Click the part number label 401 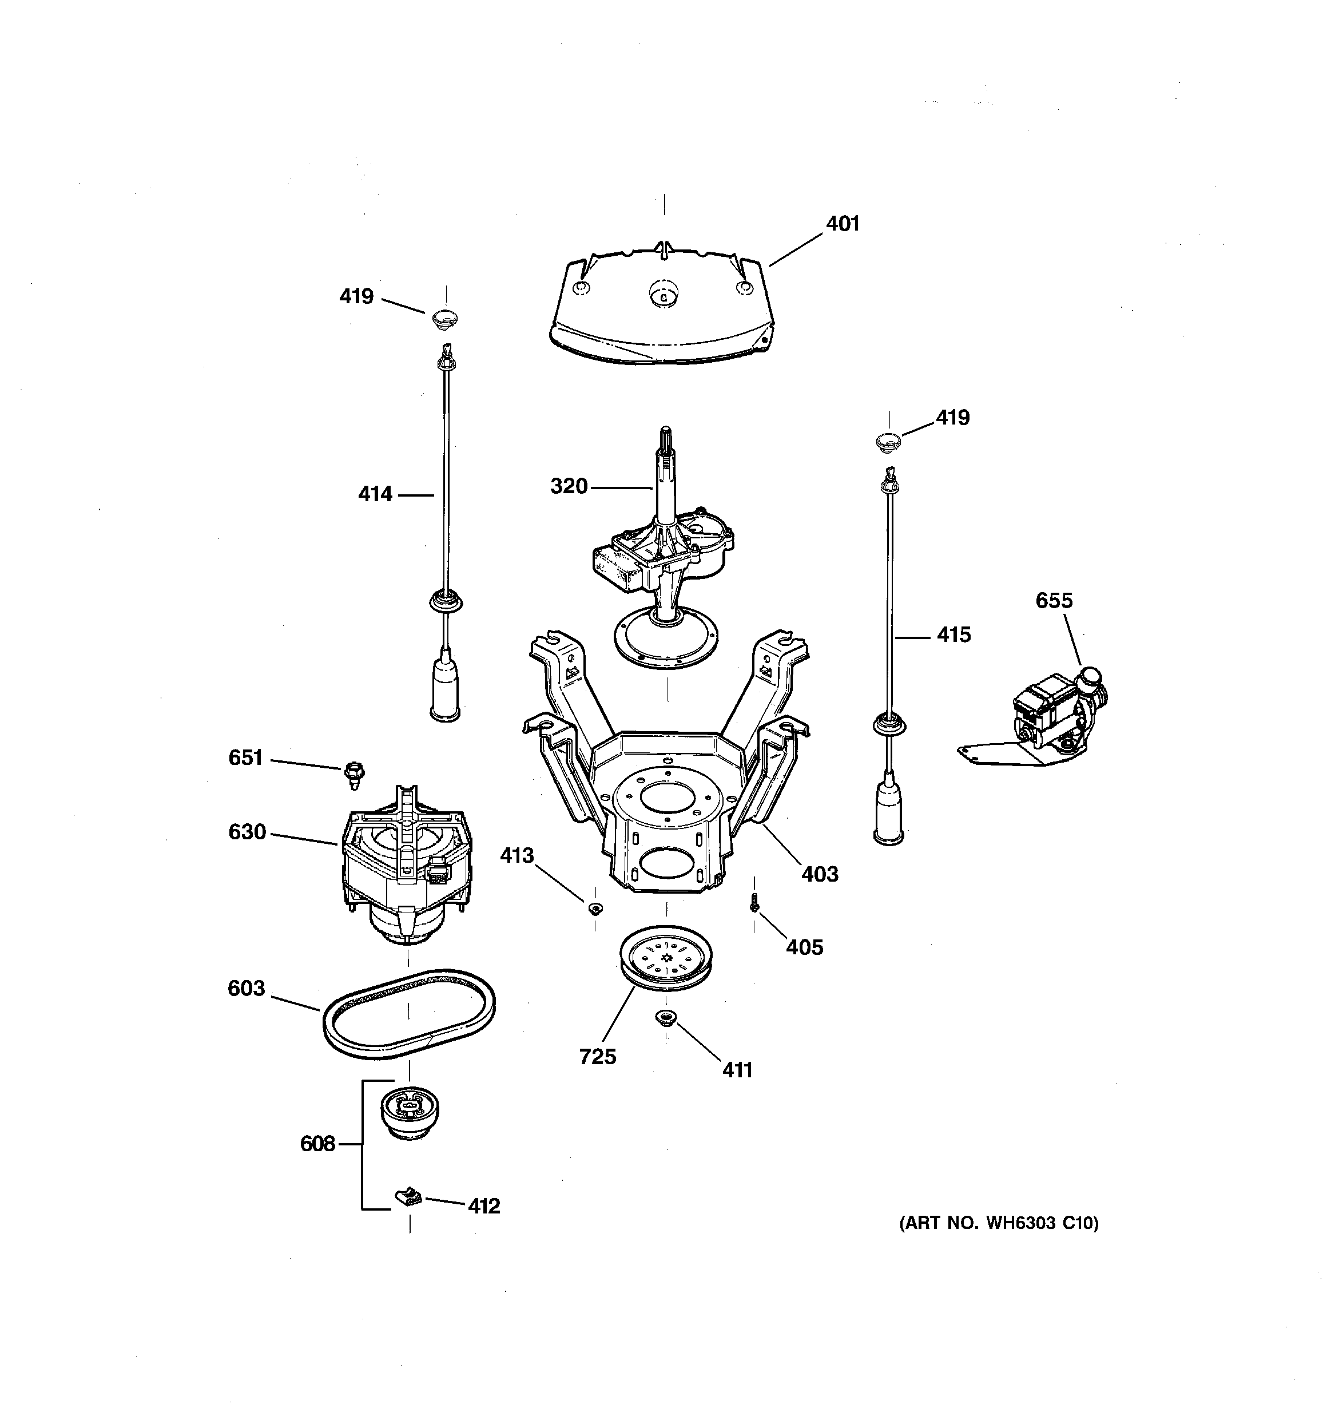tap(843, 224)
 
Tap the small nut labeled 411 tap(665, 1017)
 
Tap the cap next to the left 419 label tap(445, 319)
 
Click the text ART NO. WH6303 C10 tap(999, 1224)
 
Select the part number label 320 tap(569, 486)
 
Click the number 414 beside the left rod tap(375, 494)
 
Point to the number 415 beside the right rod tap(953, 634)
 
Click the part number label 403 tap(820, 874)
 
